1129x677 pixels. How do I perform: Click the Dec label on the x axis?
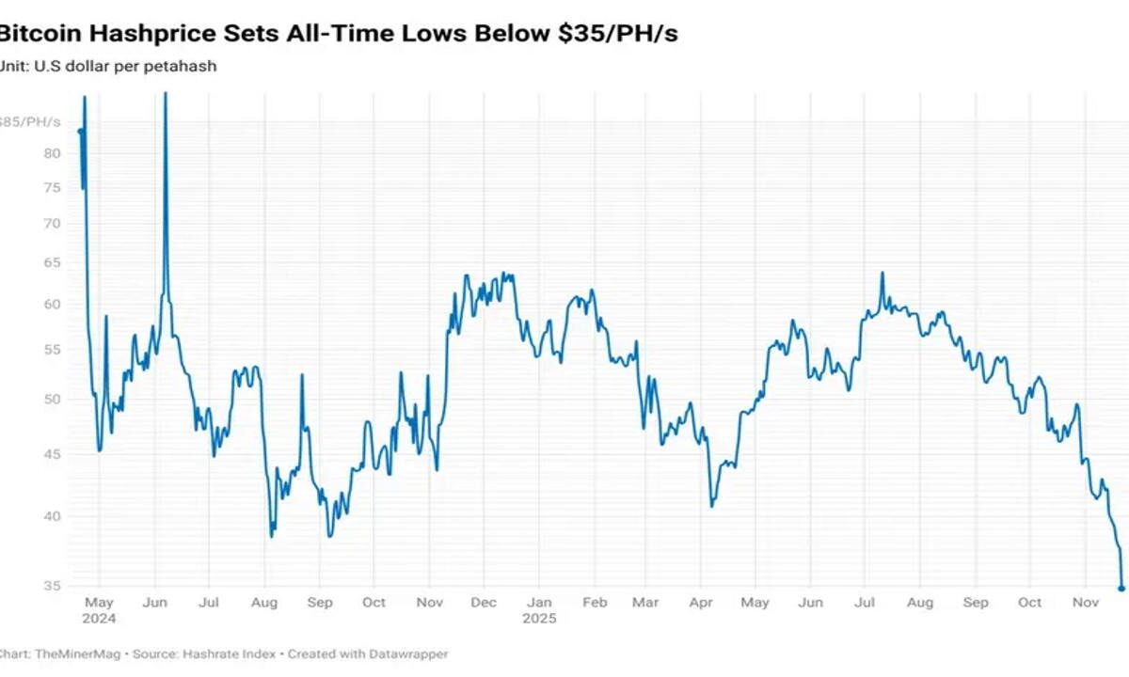click(x=484, y=603)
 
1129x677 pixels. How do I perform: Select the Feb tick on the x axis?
click(x=595, y=603)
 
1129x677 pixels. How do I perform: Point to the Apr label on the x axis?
click(x=701, y=603)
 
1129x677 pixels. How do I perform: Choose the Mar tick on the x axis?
click(x=646, y=603)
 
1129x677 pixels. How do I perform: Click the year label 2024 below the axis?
click(x=99, y=619)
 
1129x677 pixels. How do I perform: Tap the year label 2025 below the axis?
click(x=540, y=619)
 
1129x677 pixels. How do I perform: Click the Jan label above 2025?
click(x=539, y=603)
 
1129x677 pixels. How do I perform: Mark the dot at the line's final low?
click(x=1121, y=589)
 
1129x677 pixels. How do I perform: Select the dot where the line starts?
click(x=80, y=132)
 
